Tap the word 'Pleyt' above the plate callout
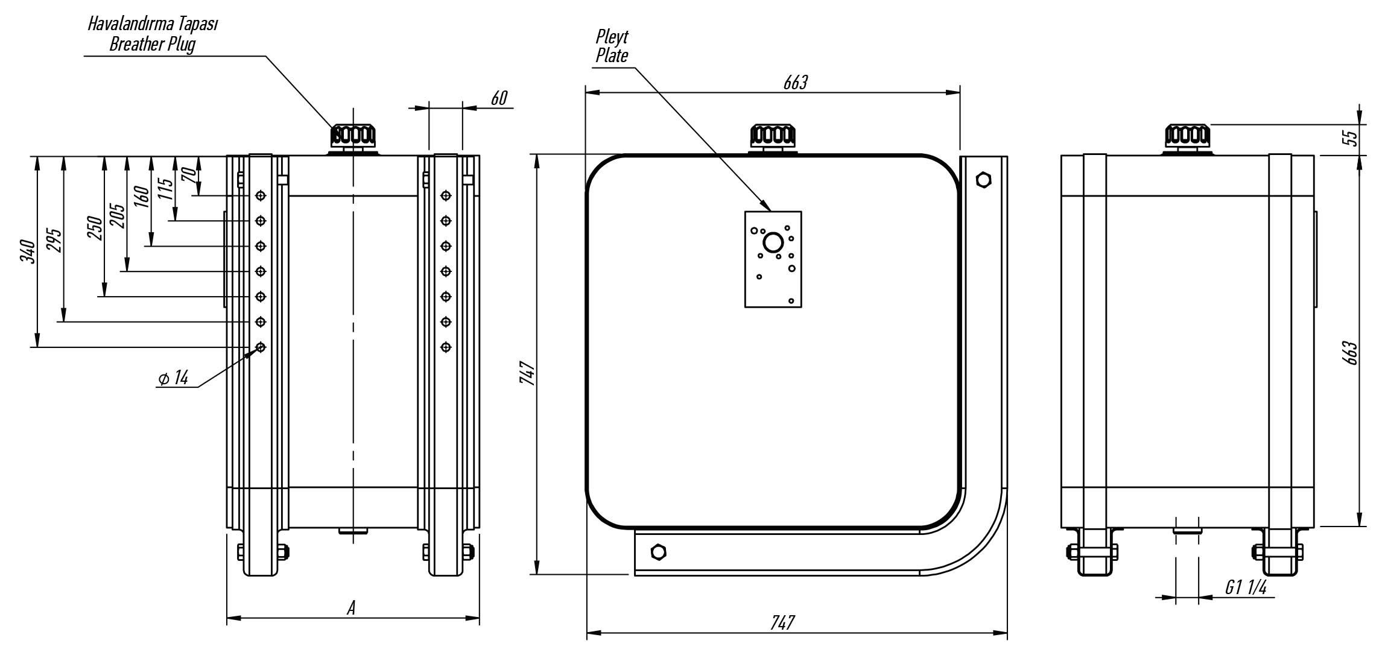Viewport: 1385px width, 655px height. pyautogui.click(x=612, y=37)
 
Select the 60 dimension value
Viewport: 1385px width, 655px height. pyautogui.click(x=499, y=98)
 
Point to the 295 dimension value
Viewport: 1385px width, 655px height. pyautogui.click(x=54, y=240)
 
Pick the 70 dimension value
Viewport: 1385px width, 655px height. pyautogui.click(x=189, y=176)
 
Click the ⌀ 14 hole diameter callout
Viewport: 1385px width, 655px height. pyautogui.click(x=173, y=378)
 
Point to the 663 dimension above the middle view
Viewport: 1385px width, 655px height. pyautogui.click(x=795, y=83)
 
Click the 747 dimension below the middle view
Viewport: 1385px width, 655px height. pyautogui.click(x=782, y=622)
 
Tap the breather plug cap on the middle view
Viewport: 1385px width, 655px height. pyautogui.click(x=773, y=138)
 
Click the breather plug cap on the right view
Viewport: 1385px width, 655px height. pyautogui.click(x=1188, y=138)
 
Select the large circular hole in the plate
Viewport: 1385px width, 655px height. pyautogui.click(x=773, y=243)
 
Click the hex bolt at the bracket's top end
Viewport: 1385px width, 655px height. pyautogui.click(x=983, y=179)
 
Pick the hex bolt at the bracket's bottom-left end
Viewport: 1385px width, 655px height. pyautogui.click(x=658, y=552)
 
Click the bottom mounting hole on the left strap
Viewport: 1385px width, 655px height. pyautogui.click(x=261, y=347)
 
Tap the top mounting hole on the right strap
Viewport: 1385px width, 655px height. pyautogui.click(x=446, y=195)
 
